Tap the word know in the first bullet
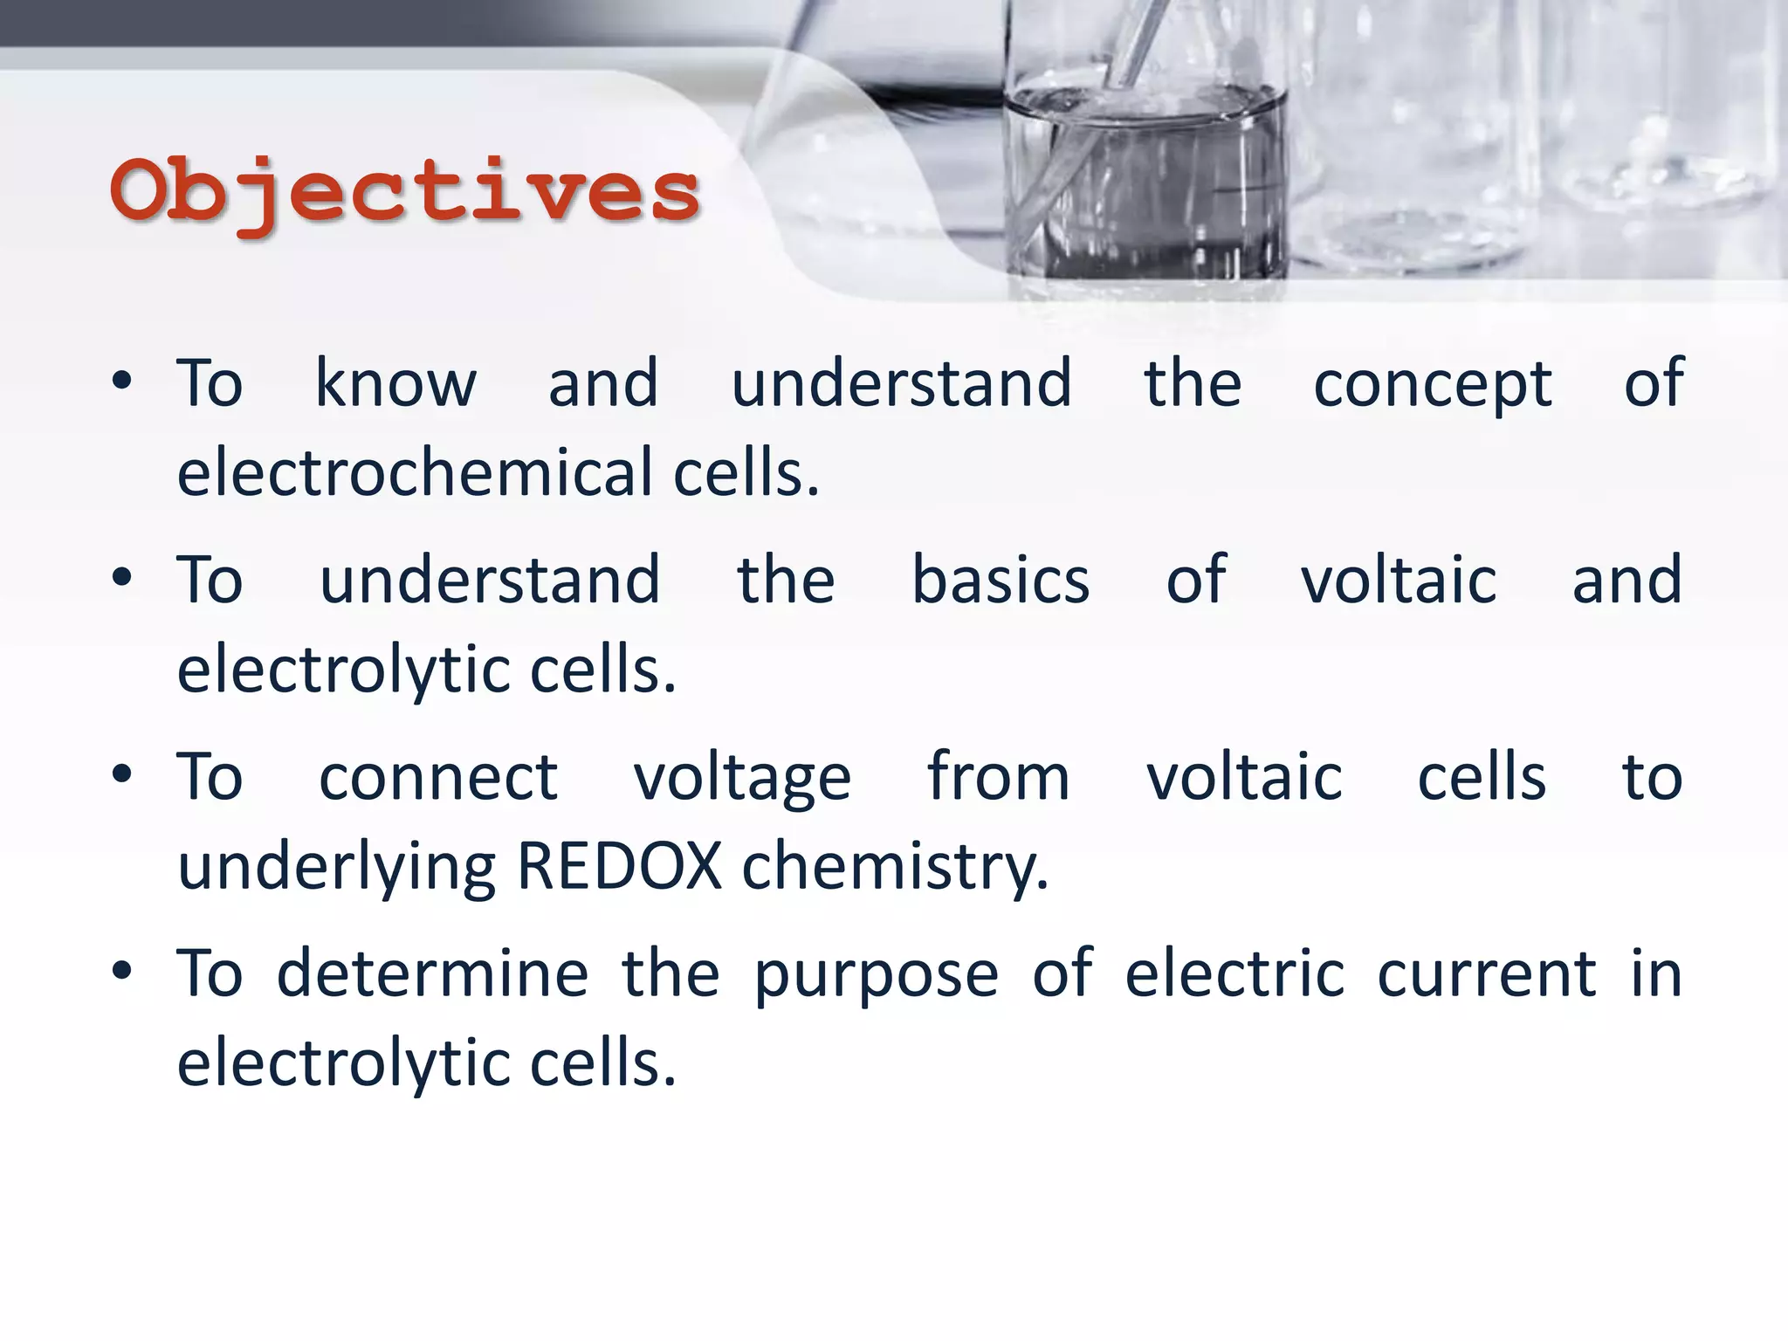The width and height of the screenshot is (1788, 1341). click(x=395, y=383)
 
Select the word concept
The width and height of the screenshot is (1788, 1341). click(x=1432, y=385)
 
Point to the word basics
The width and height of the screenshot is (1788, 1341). click(x=1001, y=581)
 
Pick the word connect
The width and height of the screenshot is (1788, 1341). click(x=437, y=777)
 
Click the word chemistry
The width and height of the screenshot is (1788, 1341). click(x=894, y=869)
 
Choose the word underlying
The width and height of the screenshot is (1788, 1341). click(x=337, y=869)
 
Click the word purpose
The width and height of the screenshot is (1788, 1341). click(x=876, y=976)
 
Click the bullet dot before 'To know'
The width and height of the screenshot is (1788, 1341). click(x=122, y=381)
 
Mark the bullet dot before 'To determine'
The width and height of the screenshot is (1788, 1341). click(x=122, y=971)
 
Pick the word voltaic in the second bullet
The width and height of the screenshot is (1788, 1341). click(x=1398, y=581)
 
